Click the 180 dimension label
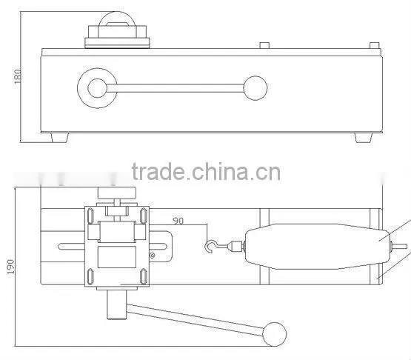pyautogui.click(x=18, y=76)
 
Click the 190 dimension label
pyautogui.click(x=11, y=267)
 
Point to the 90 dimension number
pyautogui.click(x=178, y=221)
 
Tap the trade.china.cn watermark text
pyautogui.click(x=206, y=172)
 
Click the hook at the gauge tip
pyautogui.click(x=210, y=247)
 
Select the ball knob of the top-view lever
pyautogui.click(x=275, y=334)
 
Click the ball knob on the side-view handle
pyautogui.click(x=255, y=88)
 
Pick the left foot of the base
pyautogui.click(x=60, y=137)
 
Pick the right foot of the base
pyautogui.click(x=364, y=137)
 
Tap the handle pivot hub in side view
pyautogui.click(x=97, y=88)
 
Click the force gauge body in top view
pyautogui.click(x=317, y=247)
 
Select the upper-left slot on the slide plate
pyautogui.click(x=90, y=216)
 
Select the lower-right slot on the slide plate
pyautogui.click(x=144, y=276)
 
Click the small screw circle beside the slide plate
pyautogui.click(x=152, y=255)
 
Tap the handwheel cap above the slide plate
pyautogui.click(x=117, y=193)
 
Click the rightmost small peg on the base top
pyautogui.click(x=375, y=45)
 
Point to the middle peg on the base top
pyautogui.click(x=264, y=45)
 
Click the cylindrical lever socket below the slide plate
pyautogui.click(x=117, y=304)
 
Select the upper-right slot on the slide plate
pyautogui.click(x=144, y=216)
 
